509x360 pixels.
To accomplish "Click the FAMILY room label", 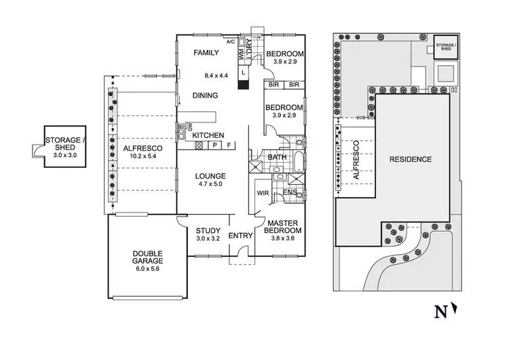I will click(206, 52).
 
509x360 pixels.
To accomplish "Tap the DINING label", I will click(206, 96).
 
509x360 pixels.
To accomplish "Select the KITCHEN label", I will click(208, 136).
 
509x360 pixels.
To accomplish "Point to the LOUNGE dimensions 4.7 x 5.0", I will click(210, 184).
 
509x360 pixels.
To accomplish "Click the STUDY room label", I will click(208, 230).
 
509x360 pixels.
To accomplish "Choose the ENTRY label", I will click(240, 235).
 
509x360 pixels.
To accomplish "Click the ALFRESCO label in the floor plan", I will click(143, 147).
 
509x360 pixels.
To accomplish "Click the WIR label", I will click(263, 193).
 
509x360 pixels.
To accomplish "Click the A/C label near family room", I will click(231, 42).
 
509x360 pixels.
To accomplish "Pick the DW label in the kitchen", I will click(190, 126).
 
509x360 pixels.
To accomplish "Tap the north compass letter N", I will click(440, 312).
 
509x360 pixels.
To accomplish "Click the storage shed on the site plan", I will click(445, 46).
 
